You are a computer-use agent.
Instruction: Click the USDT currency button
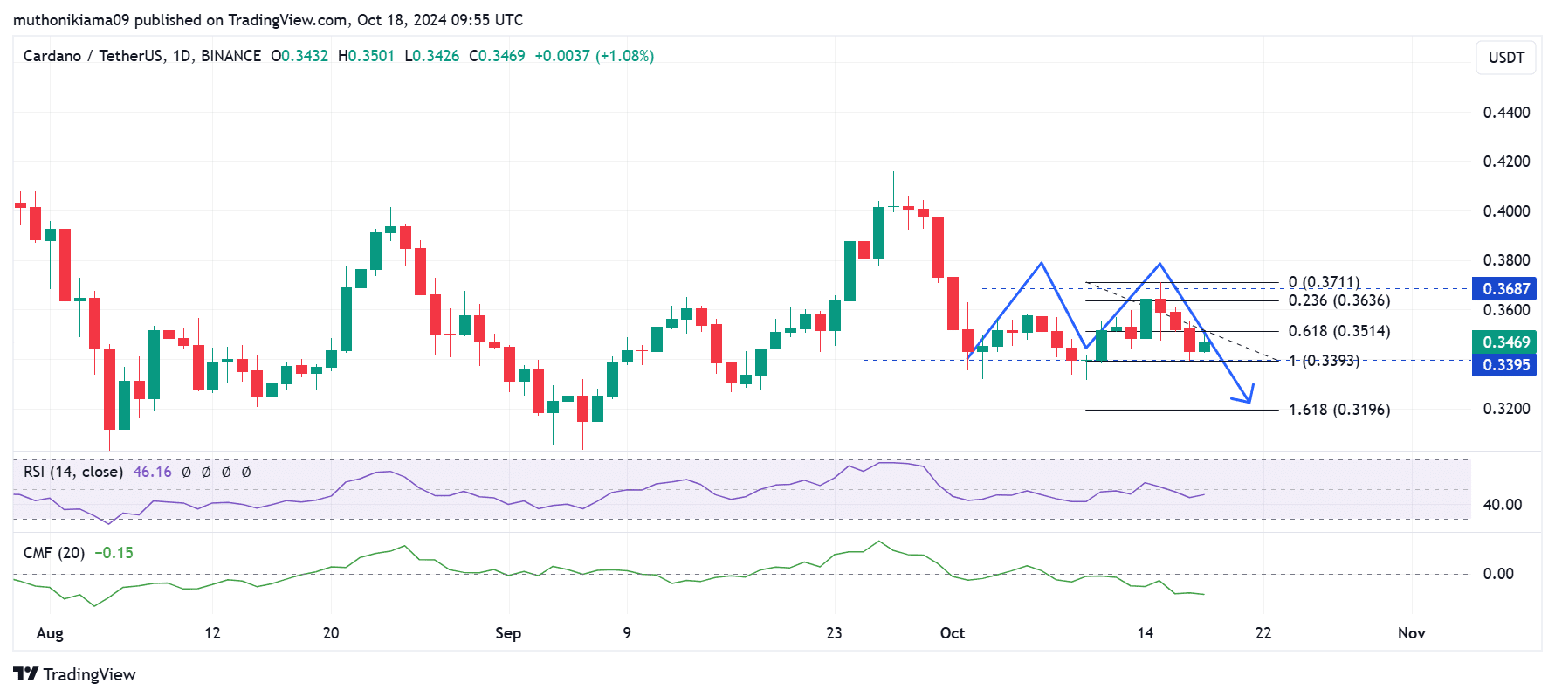coord(1505,58)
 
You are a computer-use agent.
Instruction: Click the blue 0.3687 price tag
coord(1505,289)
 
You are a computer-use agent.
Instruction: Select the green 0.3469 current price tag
coord(1505,342)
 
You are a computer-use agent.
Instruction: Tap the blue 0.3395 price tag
coord(1505,365)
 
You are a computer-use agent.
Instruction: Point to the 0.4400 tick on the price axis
coord(1506,113)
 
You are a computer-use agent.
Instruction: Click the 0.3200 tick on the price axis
coord(1506,409)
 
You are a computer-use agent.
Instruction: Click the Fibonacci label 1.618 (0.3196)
coord(1338,410)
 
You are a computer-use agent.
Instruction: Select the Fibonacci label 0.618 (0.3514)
coord(1338,331)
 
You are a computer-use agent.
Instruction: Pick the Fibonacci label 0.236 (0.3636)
coord(1338,300)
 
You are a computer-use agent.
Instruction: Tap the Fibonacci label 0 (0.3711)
coord(1324,282)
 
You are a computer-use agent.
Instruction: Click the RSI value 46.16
coord(152,472)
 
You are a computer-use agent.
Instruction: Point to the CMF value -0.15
coord(114,553)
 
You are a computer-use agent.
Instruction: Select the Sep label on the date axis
coord(508,633)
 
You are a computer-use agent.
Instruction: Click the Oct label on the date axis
coord(953,633)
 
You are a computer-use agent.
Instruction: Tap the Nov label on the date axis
coord(1411,633)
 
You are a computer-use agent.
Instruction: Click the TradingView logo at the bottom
coord(75,674)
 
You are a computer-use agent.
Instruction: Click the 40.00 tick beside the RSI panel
coord(1502,505)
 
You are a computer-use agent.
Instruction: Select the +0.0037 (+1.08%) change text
coord(594,56)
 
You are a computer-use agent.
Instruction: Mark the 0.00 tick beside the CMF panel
coord(1498,574)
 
